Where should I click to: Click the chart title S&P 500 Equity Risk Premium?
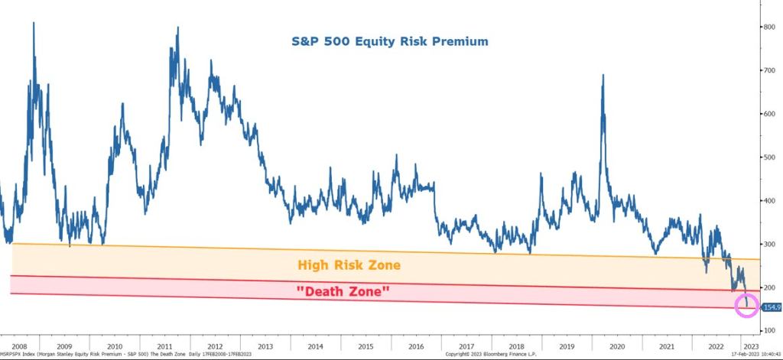[389, 41]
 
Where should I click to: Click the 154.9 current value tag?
[771, 306]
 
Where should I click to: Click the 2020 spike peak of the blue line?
[604, 75]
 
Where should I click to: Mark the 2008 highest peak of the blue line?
[34, 23]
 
